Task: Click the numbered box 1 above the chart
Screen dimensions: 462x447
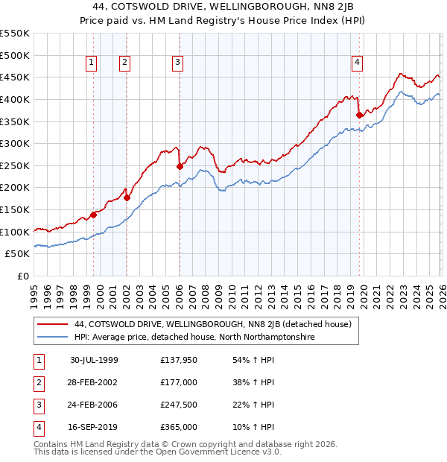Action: (91, 63)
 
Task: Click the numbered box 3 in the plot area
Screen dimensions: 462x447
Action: (178, 63)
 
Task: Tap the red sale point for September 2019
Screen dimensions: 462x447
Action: (360, 115)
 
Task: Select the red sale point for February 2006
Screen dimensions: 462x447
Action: (180, 166)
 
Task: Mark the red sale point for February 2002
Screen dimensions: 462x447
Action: (127, 197)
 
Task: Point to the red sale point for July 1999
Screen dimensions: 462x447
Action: (94, 215)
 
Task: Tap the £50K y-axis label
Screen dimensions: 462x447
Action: (18, 254)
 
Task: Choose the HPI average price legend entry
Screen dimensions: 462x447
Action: (194, 338)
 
